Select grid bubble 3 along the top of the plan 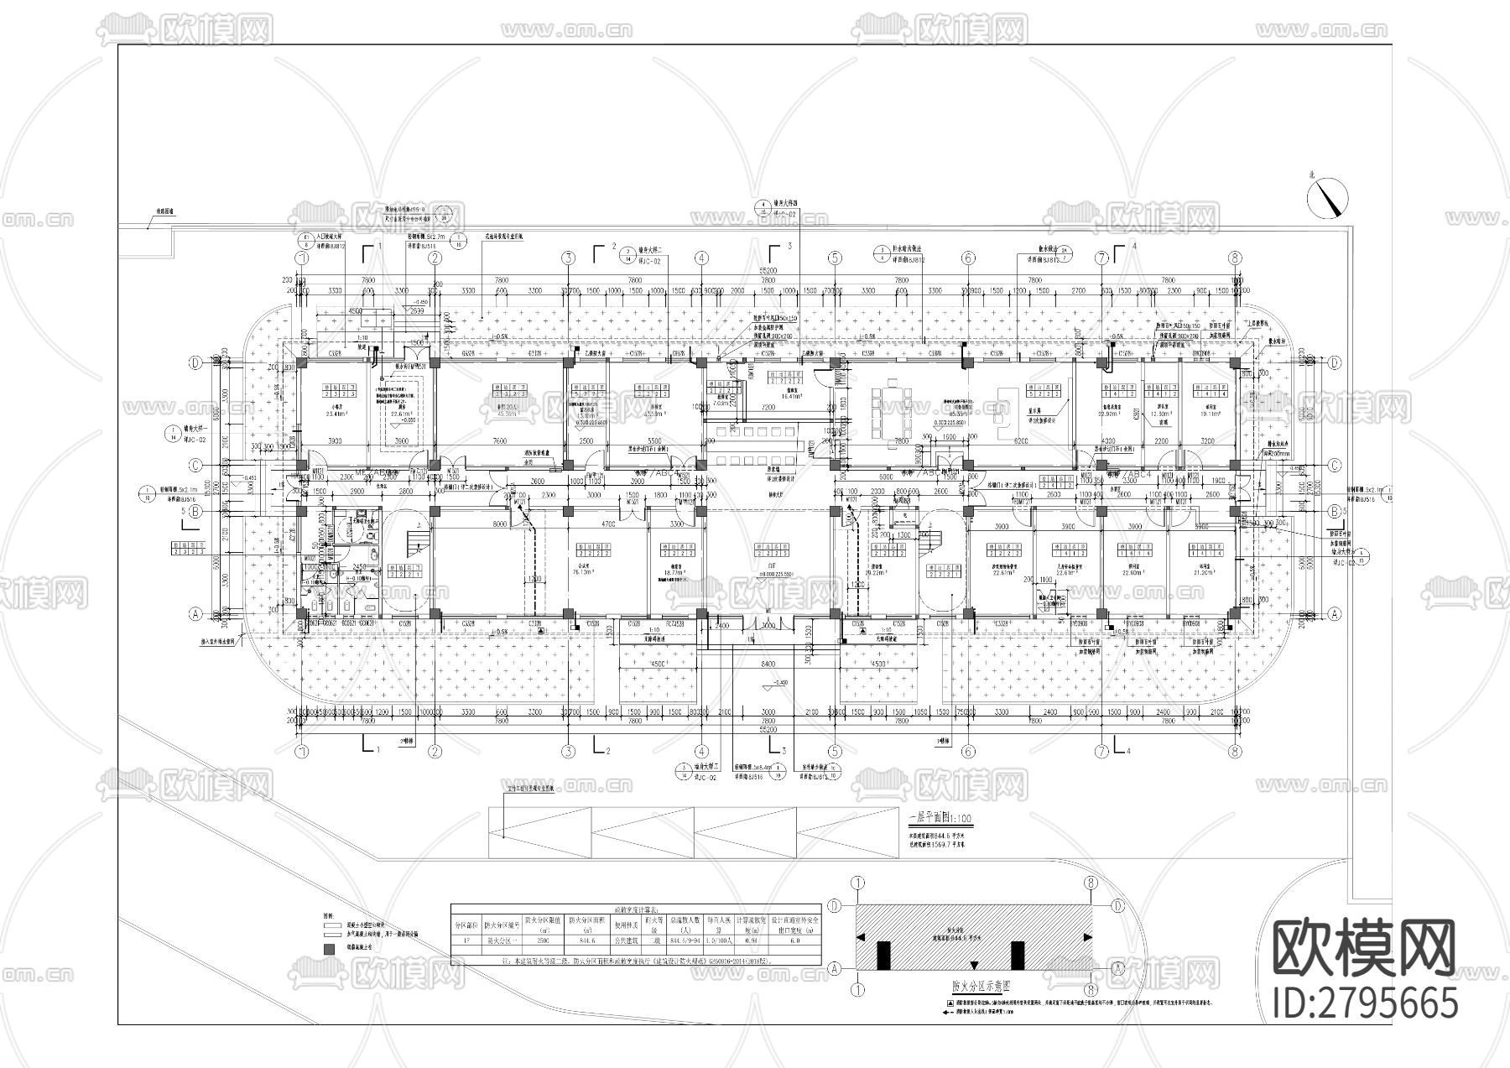click(x=568, y=258)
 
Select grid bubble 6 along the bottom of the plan click(x=967, y=752)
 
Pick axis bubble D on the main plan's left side click(x=195, y=363)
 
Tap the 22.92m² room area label click(x=1110, y=413)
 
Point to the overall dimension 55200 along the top click(x=767, y=270)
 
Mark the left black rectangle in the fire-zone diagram click(x=883, y=954)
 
